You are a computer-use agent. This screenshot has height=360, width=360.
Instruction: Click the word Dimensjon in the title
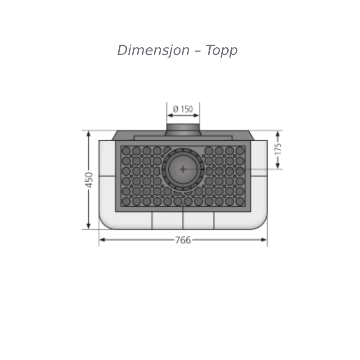tap(153, 50)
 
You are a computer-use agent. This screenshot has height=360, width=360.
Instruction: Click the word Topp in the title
tap(221, 51)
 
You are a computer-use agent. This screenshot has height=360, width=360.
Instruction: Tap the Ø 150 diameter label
tap(183, 109)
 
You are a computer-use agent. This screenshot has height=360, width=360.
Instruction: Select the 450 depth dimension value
tap(89, 180)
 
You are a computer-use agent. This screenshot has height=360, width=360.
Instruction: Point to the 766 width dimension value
tap(183, 240)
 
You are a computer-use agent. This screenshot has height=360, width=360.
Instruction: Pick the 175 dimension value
tap(278, 149)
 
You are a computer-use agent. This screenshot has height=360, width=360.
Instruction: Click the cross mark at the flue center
tap(183, 170)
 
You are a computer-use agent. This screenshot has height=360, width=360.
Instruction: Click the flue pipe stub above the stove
tap(183, 129)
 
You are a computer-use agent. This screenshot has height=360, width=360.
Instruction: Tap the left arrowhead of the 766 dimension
tap(103, 240)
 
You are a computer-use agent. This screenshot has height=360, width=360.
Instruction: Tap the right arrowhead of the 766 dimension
tap(264, 240)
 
